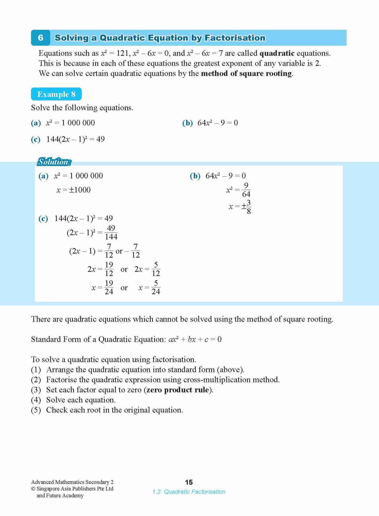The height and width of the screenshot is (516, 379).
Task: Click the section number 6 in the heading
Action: pos(40,38)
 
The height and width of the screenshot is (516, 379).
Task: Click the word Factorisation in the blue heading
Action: pos(235,38)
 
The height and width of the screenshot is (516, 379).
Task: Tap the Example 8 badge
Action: pos(56,94)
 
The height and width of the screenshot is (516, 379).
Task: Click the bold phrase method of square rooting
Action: pos(246,73)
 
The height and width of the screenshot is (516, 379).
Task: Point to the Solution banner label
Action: pos(54,162)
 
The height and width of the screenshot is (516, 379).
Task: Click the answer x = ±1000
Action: pos(73,190)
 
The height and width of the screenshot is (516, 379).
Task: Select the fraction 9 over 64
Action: pos(246,190)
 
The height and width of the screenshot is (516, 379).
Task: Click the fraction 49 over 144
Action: pos(111,232)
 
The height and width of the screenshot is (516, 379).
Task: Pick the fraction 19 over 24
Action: pos(109,287)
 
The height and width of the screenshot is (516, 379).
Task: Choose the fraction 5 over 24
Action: pos(156,287)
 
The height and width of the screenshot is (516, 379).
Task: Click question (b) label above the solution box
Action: pos(187,123)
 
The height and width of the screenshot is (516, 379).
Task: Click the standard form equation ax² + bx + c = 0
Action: pos(195,339)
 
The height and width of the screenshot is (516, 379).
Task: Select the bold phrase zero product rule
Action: pos(178,390)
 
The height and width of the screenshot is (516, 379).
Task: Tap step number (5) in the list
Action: pos(36,410)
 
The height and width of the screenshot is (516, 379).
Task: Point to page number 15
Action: pos(189,482)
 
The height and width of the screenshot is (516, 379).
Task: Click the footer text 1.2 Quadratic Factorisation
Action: pos(189,492)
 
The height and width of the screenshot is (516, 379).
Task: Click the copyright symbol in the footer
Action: pos(33,489)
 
